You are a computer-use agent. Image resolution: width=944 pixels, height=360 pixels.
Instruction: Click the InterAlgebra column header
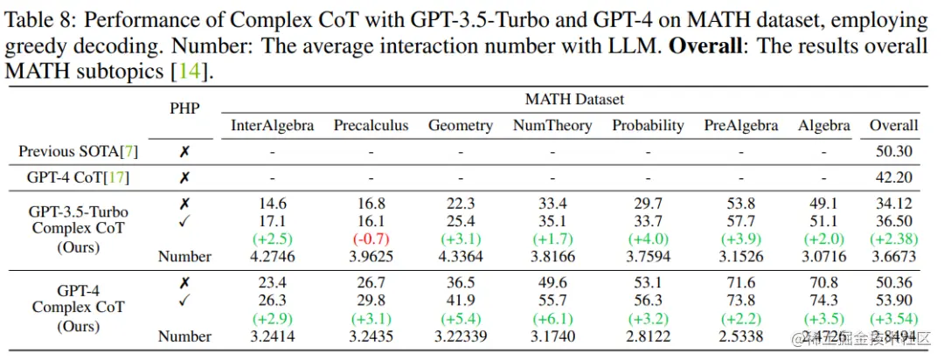click(272, 126)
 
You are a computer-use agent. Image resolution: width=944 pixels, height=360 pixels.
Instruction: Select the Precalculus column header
click(371, 126)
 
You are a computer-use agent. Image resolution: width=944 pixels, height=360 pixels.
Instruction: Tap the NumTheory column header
click(552, 126)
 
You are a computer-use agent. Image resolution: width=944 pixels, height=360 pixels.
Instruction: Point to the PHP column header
click(184, 107)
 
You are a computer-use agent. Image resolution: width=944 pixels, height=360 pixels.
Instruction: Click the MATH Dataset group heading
click(574, 100)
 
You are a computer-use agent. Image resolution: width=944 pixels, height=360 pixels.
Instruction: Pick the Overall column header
click(893, 126)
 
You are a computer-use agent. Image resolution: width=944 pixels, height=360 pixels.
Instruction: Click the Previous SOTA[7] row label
click(79, 152)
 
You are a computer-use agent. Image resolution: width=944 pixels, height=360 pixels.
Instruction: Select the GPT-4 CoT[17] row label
click(79, 178)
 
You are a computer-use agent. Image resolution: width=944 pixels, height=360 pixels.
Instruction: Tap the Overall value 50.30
click(893, 152)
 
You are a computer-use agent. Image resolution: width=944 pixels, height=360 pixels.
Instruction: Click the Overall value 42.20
click(893, 178)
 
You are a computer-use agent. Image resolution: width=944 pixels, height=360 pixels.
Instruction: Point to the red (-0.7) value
click(371, 239)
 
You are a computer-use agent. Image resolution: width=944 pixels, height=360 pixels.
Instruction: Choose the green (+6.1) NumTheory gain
click(552, 319)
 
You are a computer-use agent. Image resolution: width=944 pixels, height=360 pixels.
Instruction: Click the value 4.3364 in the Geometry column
click(461, 257)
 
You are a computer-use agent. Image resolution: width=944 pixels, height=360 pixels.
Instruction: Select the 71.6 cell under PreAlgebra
click(740, 282)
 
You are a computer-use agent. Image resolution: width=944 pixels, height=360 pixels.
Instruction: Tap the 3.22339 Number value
click(461, 336)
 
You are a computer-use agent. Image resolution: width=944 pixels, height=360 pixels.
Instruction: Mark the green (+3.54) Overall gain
click(893, 319)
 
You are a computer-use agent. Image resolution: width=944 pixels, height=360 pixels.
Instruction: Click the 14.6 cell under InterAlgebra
click(272, 204)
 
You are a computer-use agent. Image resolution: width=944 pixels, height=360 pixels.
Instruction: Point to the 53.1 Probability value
click(648, 282)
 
